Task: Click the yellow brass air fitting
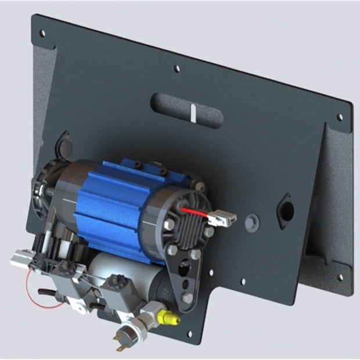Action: click(168, 317)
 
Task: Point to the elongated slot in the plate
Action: click(186, 110)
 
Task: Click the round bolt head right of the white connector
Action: click(252, 223)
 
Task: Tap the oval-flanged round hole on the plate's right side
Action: click(285, 208)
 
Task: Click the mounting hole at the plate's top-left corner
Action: click(42, 34)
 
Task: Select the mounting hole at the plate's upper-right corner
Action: click(340, 117)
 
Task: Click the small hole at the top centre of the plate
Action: click(177, 69)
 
